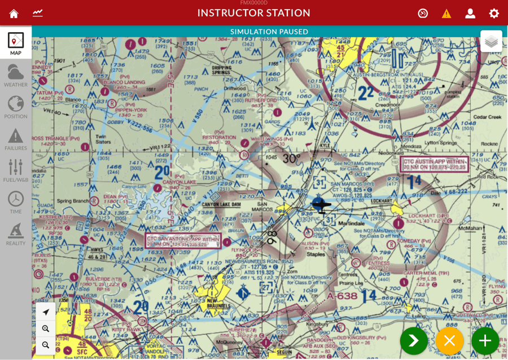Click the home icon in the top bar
click(14, 14)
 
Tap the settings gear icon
click(494, 14)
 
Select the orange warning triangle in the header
click(446, 14)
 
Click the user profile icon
click(470, 14)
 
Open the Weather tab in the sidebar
click(16, 76)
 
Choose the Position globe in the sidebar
click(16, 107)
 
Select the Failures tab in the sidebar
click(16, 139)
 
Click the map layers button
click(491, 41)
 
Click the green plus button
click(485, 340)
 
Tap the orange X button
click(449, 340)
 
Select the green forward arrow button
click(414, 340)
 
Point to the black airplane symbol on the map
click(321, 205)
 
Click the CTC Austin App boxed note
click(435, 164)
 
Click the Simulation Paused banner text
click(269, 32)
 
